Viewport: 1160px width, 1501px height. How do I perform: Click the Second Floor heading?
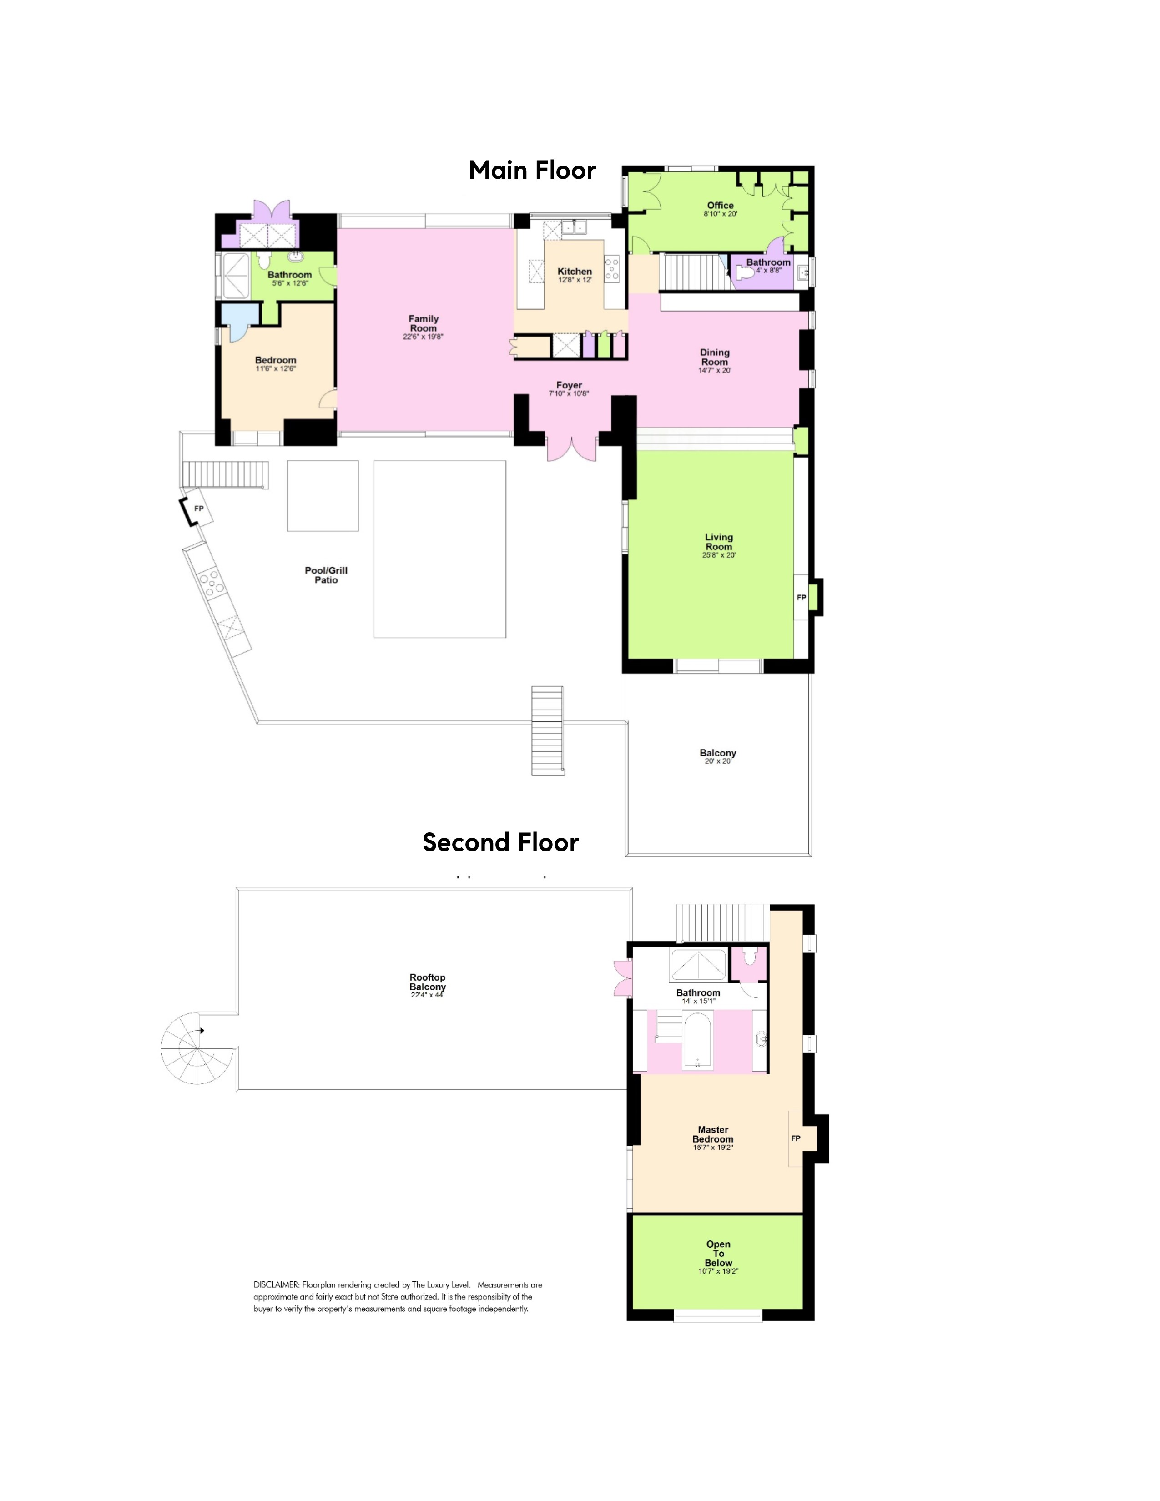click(x=500, y=842)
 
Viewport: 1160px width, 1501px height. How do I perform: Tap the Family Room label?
click(x=424, y=323)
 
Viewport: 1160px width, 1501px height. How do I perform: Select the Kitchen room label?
click(x=575, y=272)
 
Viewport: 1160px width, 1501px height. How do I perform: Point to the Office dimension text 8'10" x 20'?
click(x=720, y=214)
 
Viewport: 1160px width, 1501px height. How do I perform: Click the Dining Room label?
click(x=715, y=358)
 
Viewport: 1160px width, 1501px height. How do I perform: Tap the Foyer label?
click(x=569, y=386)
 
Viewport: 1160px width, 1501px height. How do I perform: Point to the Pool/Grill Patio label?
click(x=327, y=575)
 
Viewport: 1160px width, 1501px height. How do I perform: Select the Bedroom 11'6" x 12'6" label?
click(x=276, y=363)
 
